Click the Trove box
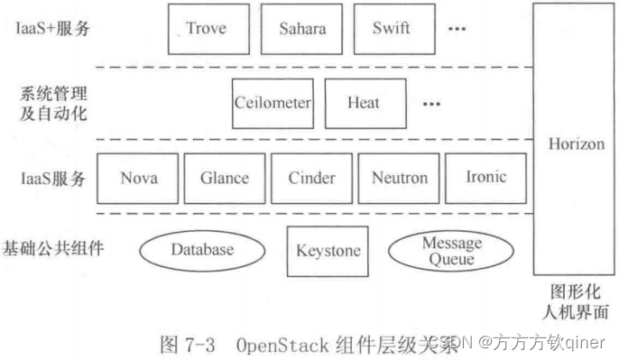(x=207, y=29)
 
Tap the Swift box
(x=391, y=29)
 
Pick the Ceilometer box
(x=273, y=103)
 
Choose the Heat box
(x=363, y=103)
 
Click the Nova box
(x=138, y=178)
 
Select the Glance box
(x=224, y=178)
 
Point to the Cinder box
(x=311, y=178)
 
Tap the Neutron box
(x=400, y=178)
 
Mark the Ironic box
(x=487, y=178)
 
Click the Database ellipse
(x=202, y=250)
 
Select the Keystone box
(x=328, y=250)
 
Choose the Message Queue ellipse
(x=452, y=250)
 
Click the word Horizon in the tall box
(x=577, y=144)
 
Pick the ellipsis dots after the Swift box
(x=457, y=29)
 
